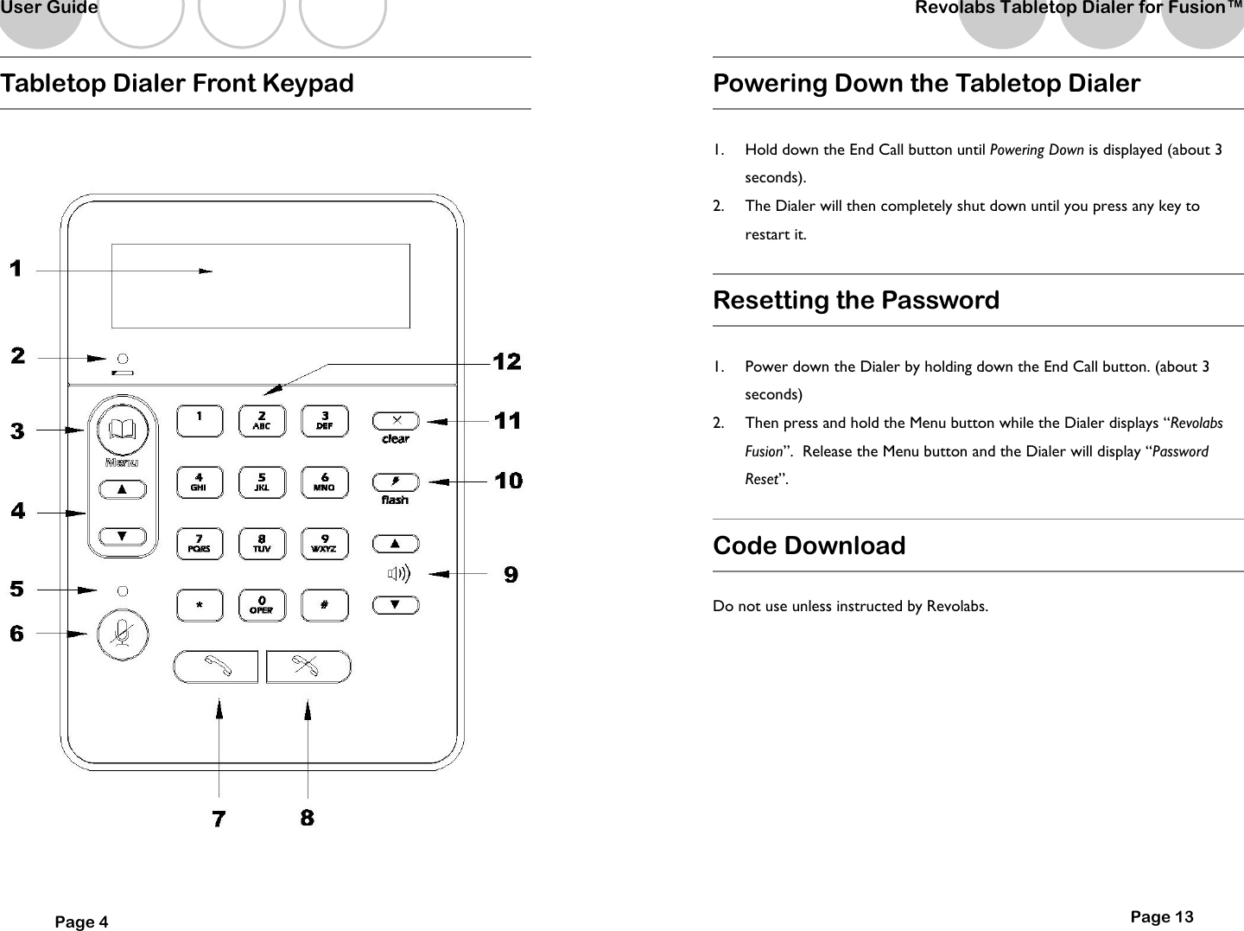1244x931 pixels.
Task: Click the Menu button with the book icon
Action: click(x=123, y=430)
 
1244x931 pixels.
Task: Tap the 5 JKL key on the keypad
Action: click(x=262, y=481)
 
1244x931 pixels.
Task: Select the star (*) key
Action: click(x=200, y=605)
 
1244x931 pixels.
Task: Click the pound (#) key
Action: click(x=325, y=605)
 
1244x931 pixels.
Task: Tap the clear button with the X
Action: click(x=396, y=421)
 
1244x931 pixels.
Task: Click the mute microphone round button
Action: click(x=123, y=634)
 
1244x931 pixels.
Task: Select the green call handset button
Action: click(x=216, y=666)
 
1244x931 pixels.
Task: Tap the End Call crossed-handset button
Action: click(x=308, y=666)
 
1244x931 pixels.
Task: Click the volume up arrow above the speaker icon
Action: click(x=396, y=544)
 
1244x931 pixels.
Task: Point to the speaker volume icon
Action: click(x=398, y=574)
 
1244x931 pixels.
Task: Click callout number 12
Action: click(x=507, y=362)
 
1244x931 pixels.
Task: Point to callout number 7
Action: click(x=219, y=818)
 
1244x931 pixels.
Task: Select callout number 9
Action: click(x=511, y=575)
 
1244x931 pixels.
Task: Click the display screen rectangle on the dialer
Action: click(x=261, y=286)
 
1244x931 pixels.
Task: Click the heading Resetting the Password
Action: click(x=855, y=300)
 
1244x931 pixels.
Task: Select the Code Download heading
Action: click(x=809, y=545)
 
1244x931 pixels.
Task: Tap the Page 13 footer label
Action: click(x=1161, y=917)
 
